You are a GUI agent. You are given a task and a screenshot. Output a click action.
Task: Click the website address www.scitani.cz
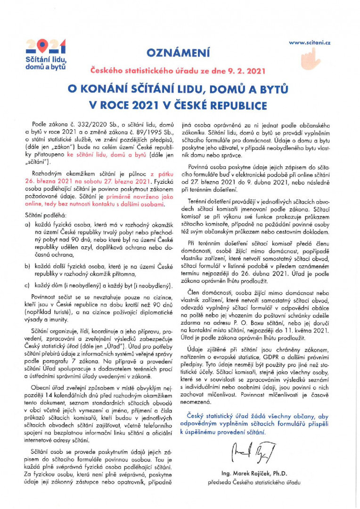point(310,42)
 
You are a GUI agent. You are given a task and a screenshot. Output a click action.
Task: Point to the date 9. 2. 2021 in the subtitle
point(248,71)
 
